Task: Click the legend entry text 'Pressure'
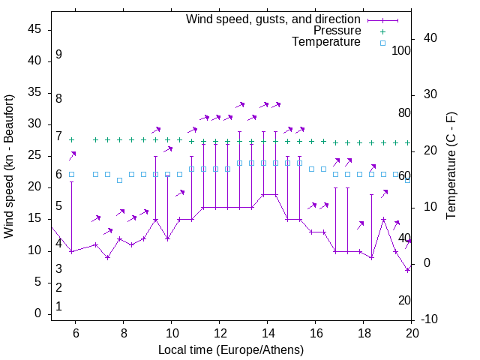[x=337, y=31]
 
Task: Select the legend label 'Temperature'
[x=326, y=42]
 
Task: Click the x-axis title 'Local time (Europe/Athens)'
[x=231, y=349]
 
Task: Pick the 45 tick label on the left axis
[x=34, y=30]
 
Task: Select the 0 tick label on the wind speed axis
[x=38, y=313]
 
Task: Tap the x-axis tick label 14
[x=267, y=333]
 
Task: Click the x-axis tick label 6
[x=75, y=333]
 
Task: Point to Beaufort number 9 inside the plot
[x=58, y=55]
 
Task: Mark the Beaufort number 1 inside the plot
[x=58, y=307]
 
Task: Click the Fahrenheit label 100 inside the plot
[x=401, y=50]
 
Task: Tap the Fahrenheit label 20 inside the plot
[x=404, y=300]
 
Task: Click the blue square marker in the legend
[x=382, y=43]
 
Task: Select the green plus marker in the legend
[x=382, y=31]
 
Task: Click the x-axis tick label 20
[x=412, y=333]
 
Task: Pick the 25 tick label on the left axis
[x=34, y=156]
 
